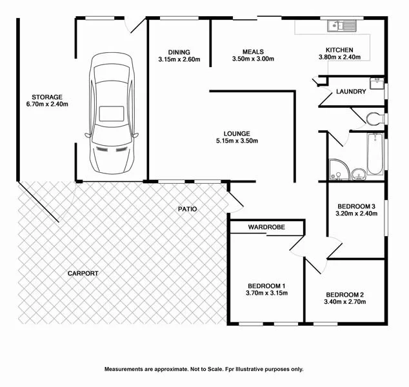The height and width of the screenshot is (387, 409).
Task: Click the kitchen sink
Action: point(341,26)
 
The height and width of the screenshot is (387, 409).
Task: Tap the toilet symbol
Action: point(375,119)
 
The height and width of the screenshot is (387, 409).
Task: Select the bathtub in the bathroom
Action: point(375,154)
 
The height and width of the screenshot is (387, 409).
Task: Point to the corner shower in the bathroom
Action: point(339,170)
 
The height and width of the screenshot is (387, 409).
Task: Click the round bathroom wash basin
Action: point(359,174)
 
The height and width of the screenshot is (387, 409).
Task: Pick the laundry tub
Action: point(377,83)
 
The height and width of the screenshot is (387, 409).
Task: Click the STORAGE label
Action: point(47,97)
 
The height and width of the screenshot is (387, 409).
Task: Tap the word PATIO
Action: point(187,209)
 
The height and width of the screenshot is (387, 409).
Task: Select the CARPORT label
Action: point(83,273)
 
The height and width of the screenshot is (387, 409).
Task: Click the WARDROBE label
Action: point(266,227)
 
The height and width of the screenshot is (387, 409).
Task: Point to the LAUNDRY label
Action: point(351,92)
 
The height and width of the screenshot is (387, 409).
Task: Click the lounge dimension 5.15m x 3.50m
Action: point(237,141)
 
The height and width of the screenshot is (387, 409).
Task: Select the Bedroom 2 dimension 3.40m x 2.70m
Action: point(345,302)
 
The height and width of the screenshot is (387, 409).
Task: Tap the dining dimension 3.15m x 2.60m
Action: point(179,59)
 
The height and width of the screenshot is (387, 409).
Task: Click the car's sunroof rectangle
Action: point(112,114)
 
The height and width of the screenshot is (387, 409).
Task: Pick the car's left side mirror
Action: point(88,135)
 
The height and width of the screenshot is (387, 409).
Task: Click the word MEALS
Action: point(253,52)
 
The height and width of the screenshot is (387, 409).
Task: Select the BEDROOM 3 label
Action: point(356,206)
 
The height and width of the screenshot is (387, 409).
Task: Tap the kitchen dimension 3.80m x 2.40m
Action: point(339,57)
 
